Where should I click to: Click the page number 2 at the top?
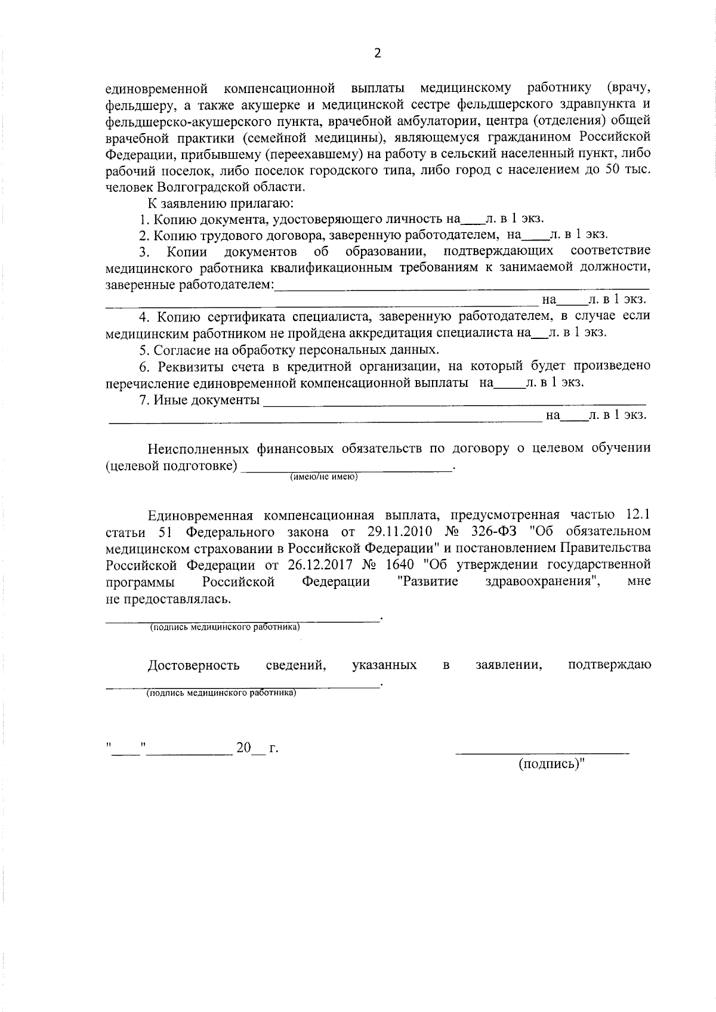tap(376, 54)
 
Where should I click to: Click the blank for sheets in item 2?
tap(535, 236)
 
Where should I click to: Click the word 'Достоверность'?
tap(194, 665)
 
